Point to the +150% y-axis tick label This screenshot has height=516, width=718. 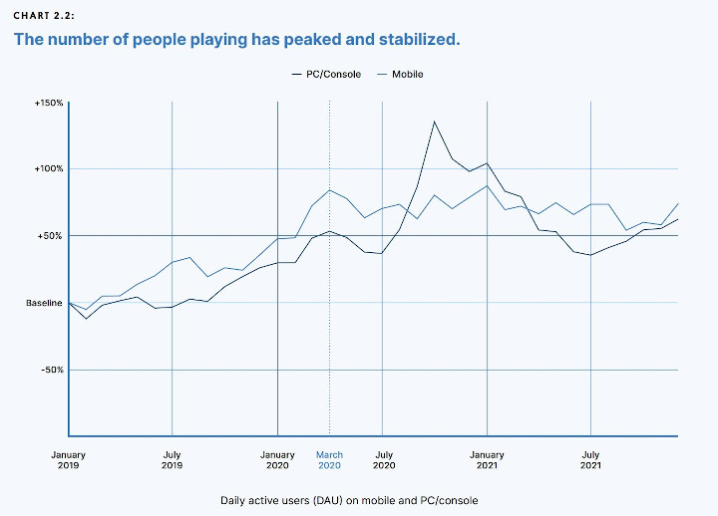48,103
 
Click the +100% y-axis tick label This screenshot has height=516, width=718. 48,169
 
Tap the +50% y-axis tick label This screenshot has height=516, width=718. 50,236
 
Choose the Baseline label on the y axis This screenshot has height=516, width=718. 44,302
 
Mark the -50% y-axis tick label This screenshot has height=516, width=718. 50,370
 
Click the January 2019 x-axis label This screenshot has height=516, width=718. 69,460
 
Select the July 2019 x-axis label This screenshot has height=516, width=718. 173,460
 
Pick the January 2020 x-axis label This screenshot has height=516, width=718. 277,460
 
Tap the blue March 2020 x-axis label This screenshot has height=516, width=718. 329,460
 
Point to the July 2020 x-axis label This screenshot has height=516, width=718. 383,460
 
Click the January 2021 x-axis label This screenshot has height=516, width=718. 487,460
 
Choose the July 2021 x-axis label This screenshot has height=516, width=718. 591,460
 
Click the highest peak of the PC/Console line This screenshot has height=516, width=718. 434,122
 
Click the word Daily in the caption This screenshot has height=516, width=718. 235,500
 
